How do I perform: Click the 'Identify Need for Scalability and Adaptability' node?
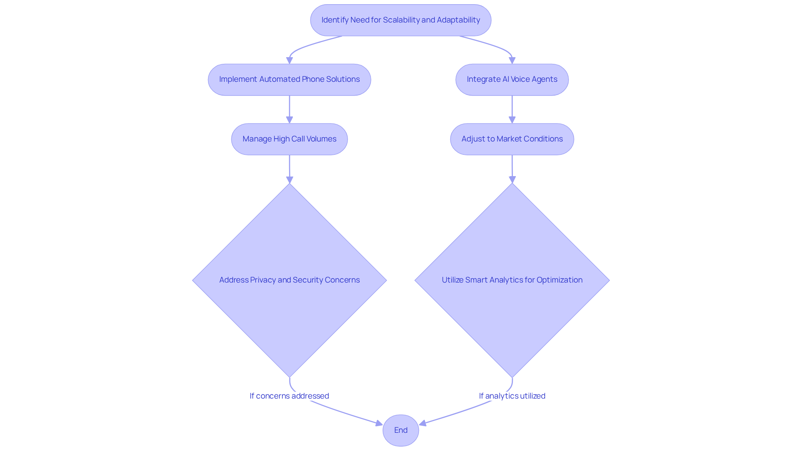coord(401,20)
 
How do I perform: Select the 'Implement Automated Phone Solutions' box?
coord(289,79)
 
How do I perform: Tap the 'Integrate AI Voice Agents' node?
coord(512,79)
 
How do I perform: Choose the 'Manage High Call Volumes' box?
coord(289,139)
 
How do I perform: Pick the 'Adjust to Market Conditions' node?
coord(512,139)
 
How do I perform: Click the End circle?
coord(401,430)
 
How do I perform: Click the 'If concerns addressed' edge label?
coord(289,396)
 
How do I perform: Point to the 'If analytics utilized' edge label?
coord(512,396)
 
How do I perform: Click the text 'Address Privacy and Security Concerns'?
coord(289,280)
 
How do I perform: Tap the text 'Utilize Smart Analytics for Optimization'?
coord(512,280)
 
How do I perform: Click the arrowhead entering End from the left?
coord(379,424)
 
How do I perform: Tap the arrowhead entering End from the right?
coord(423,424)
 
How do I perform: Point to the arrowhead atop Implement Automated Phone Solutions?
coord(289,61)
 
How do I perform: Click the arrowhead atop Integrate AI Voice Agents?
coord(512,61)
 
